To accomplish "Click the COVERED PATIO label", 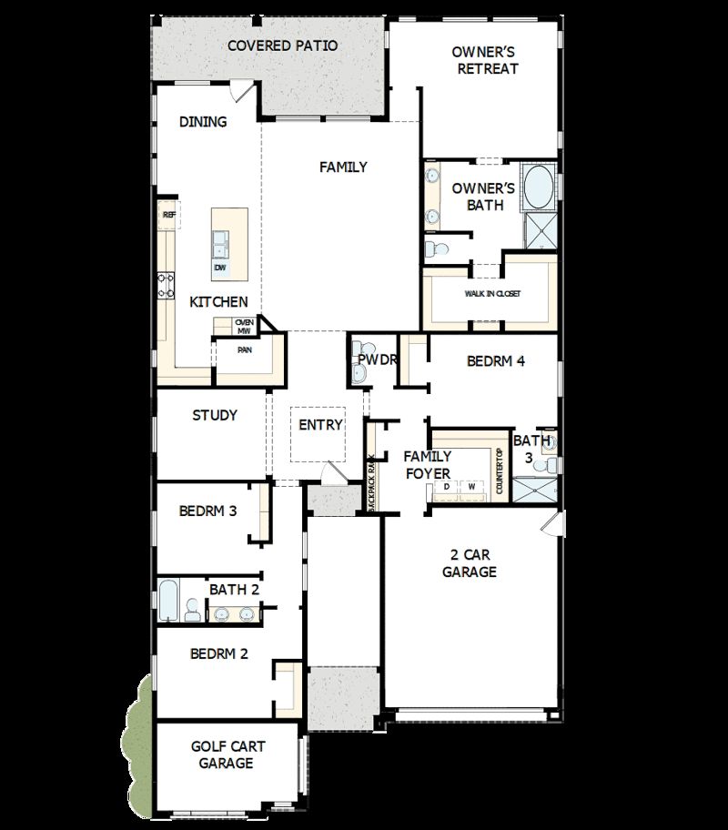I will tap(282, 46).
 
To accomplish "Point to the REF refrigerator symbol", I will tap(168, 215).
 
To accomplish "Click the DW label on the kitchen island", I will tap(219, 268).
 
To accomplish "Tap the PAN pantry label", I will tap(245, 349).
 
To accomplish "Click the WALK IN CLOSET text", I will tap(492, 294).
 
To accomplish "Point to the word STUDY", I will tap(215, 415).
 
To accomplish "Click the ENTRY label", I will tap(320, 424).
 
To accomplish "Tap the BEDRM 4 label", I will tap(496, 360).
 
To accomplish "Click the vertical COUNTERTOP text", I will tap(500, 471).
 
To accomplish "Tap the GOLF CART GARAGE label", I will tap(227, 754).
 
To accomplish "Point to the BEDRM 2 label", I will tap(218, 653).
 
